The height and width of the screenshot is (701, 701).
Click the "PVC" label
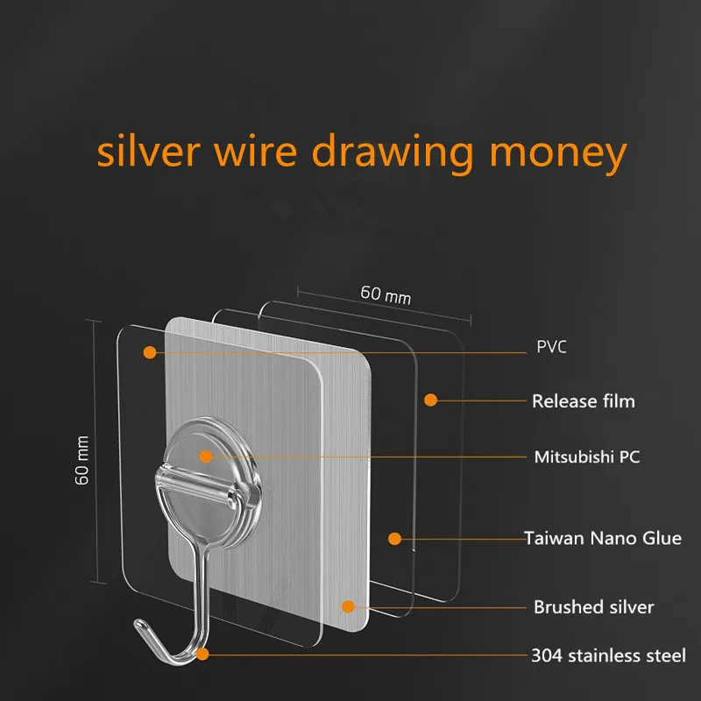[551, 347]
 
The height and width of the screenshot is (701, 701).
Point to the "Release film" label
[583, 401]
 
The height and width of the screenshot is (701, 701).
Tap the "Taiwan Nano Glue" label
[602, 538]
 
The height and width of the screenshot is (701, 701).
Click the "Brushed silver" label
[593, 606]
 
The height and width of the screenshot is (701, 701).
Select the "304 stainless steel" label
[608, 655]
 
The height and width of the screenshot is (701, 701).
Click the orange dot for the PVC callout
[150, 352]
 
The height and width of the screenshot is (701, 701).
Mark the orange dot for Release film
[430, 400]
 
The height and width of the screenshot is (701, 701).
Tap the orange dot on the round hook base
[205, 456]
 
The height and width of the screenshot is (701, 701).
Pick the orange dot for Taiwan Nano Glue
[394, 538]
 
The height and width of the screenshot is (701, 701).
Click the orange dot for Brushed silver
[348, 605]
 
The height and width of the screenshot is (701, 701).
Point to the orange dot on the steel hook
[202, 654]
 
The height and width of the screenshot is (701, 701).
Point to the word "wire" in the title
[251, 151]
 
